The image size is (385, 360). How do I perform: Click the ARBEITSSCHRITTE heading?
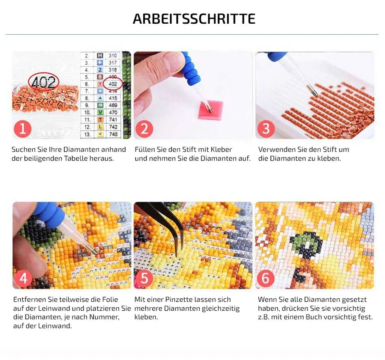point(194,19)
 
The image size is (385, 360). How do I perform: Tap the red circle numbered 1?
point(22,129)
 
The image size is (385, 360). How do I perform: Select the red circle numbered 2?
point(144,129)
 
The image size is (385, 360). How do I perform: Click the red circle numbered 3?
point(266,129)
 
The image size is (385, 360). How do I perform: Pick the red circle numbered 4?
point(23,278)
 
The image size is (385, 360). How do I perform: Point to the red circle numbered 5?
point(144,278)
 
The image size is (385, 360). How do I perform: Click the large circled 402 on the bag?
point(44,82)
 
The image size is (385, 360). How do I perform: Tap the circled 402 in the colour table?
point(113,84)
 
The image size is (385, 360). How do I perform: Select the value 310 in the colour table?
point(113,56)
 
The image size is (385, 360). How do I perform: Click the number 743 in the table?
point(113,134)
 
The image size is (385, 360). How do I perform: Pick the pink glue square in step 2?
point(211,109)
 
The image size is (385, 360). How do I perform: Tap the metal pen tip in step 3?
point(312,90)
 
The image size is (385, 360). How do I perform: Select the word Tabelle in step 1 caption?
point(76,158)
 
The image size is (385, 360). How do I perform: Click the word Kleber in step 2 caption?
point(221,149)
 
